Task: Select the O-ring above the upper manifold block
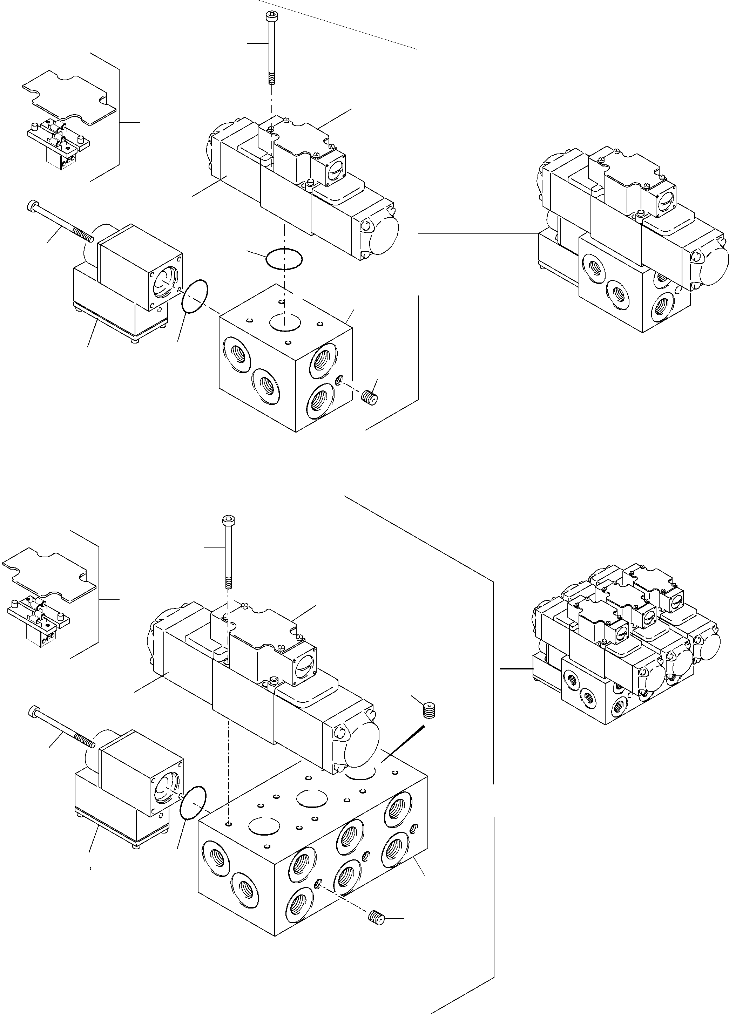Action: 284,259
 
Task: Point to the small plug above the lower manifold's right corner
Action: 429,710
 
